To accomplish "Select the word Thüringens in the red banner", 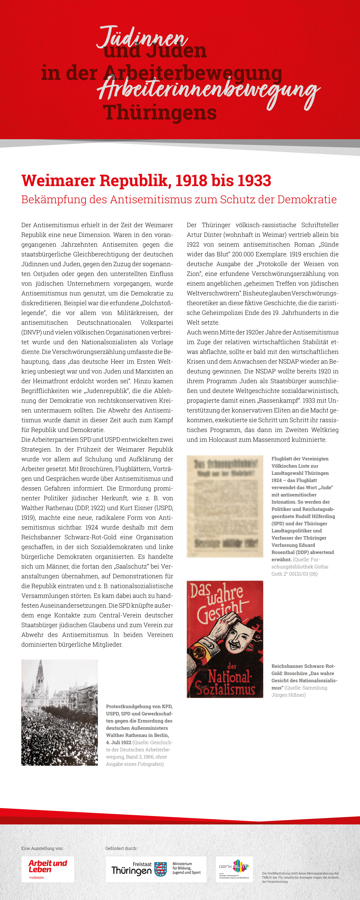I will (x=160, y=113).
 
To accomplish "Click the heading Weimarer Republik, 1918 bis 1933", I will (x=146, y=181).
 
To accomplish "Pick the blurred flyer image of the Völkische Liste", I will (x=225, y=506).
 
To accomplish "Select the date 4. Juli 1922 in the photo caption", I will (x=118, y=742).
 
